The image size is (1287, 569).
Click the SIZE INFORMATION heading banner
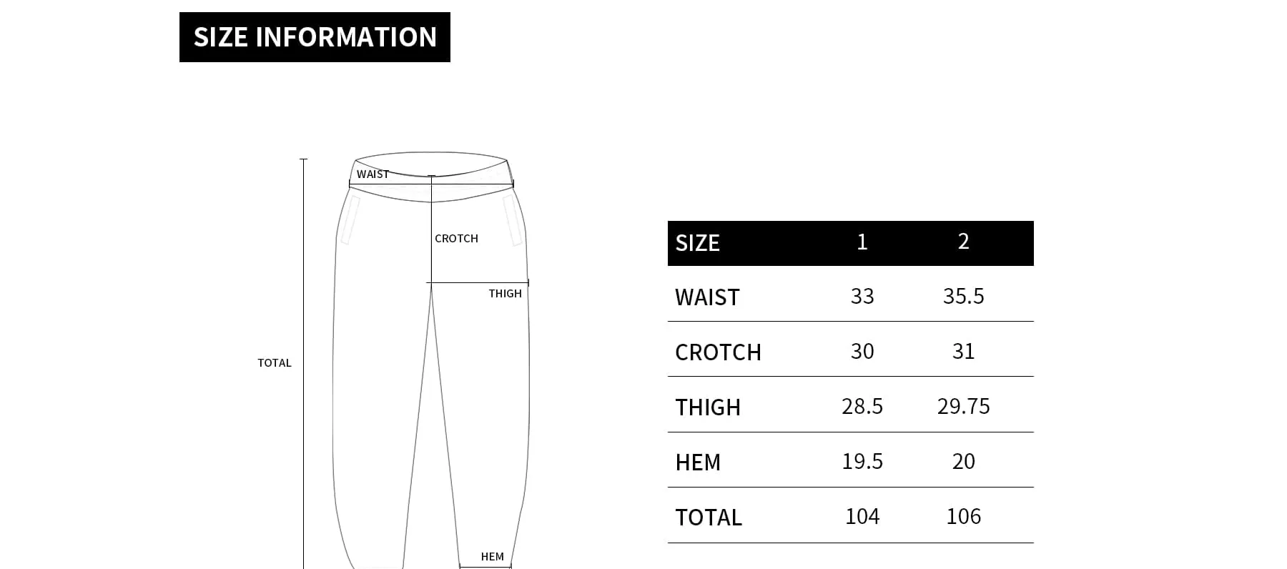coord(315,37)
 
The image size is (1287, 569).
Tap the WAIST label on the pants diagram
coord(373,174)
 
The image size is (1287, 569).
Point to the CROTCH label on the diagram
coord(456,239)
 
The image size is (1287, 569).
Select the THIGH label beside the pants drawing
coord(505,294)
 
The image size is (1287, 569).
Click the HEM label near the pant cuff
coord(492,557)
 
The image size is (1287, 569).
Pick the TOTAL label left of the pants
coord(275,363)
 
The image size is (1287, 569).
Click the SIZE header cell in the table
coord(697,243)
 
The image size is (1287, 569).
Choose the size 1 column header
coord(862,242)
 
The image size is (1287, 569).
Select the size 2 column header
coord(963,242)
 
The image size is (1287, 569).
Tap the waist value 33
coord(862,297)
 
